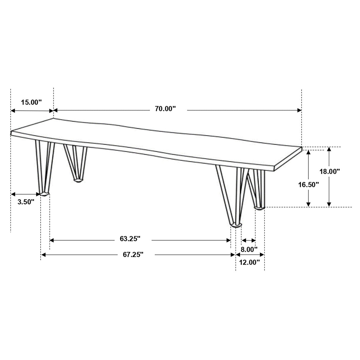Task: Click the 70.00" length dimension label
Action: pos(165,109)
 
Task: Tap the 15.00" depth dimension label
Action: pos(31,102)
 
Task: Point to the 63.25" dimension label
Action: pos(130,239)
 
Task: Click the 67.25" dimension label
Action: pos(133,254)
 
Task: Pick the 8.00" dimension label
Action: pos(249,249)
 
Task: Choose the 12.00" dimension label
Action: pos(249,262)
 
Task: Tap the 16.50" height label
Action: pos(308,184)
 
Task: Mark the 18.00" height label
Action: pos(329,171)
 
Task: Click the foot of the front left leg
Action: pos(44,194)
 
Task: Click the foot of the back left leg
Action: pos(78,180)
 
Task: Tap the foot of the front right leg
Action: pos(236,225)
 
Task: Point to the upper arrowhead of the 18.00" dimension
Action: pos(329,149)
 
